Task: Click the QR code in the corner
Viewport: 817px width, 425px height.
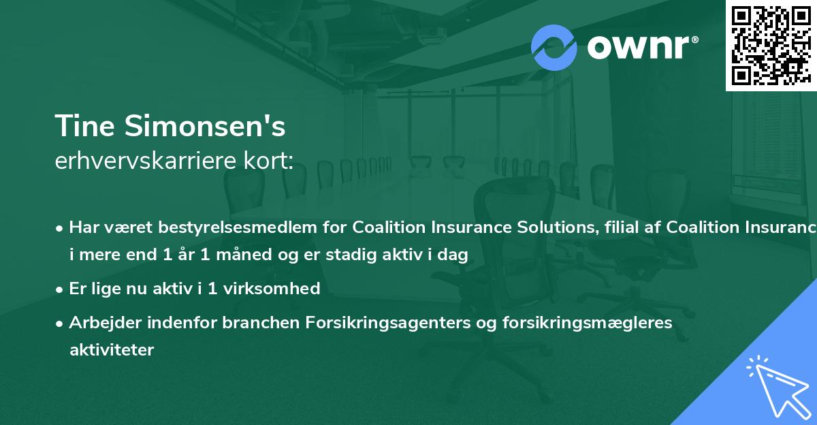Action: (x=771, y=46)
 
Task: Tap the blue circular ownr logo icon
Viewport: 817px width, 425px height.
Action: (x=554, y=48)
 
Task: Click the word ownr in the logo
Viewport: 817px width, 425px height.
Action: (x=641, y=47)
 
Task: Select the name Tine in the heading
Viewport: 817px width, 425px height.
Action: (x=83, y=127)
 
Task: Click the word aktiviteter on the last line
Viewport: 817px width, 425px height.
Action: (x=112, y=350)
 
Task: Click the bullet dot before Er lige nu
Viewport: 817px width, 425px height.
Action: (x=60, y=289)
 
